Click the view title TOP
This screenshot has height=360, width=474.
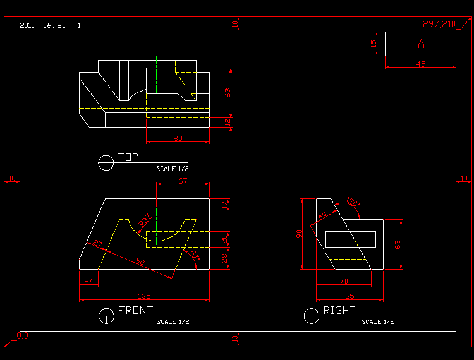click(x=128, y=157)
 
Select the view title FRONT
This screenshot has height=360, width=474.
click(x=135, y=310)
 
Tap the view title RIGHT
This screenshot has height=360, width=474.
click(x=339, y=310)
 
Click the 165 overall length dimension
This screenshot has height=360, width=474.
click(x=145, y=296)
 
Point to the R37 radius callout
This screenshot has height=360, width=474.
click(x=145, y=220)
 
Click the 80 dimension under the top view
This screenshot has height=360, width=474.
click(x=178, y=138)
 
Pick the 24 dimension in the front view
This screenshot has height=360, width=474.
click(x=88, y=281)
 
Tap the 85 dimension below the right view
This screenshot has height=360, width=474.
click(x=349, y=296)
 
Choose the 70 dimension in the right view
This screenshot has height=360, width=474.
click(x=344, y=281)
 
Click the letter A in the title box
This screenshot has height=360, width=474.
click(x=421, y=44)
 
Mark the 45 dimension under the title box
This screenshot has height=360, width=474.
click(x=421, y=64)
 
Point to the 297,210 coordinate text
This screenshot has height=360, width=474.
click(x=439, y=24)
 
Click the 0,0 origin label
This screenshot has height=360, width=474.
click(x=22, y=335)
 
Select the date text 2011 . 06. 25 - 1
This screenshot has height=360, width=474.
click(x=50, y=25)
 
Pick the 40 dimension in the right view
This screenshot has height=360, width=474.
click(x=323, y=216)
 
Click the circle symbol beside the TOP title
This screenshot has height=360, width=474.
click(x=106, y=162)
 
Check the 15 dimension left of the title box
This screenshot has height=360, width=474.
click(x=374, y=44)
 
